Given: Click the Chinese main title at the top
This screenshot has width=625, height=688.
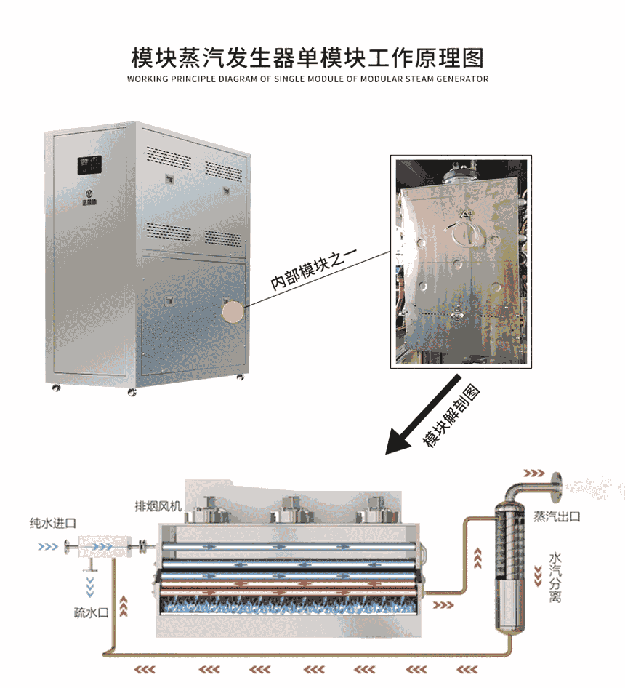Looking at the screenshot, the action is click(307, 58).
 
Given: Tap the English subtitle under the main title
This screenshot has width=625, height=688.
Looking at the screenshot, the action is click(307, 79).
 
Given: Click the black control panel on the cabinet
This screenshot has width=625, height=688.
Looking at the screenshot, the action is click(89, 165).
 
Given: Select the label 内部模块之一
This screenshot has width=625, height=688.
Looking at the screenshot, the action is click(313, 269).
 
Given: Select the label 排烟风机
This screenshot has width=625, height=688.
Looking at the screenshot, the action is click(158, 506).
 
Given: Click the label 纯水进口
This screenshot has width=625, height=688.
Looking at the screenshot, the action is click(52, 523).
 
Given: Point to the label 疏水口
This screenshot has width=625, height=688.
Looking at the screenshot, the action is click(91, 612).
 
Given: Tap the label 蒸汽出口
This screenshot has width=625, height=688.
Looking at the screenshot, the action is click(557, 516).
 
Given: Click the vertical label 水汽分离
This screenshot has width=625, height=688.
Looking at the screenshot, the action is click(555, 577).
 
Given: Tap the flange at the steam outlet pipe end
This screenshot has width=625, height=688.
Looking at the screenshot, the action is click(556, 486).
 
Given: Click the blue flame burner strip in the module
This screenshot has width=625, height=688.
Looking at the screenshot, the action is click(289, 605).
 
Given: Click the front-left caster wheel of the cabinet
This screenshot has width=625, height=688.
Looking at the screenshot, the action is click(56, 388).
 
